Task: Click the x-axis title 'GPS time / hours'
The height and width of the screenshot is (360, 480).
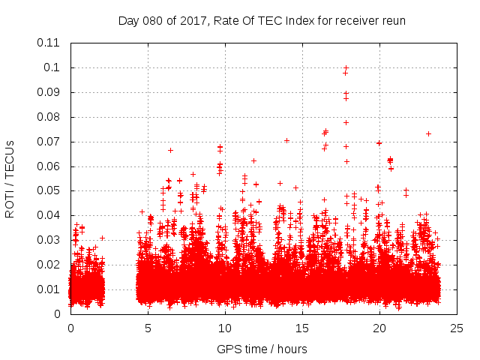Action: [262, 349]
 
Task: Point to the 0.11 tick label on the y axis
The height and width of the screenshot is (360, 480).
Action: [48, 43]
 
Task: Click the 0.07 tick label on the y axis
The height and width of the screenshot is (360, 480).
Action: [48, 141]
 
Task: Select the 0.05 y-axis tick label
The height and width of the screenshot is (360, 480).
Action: [48, 190]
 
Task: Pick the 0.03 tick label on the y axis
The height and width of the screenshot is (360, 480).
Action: [48, 240]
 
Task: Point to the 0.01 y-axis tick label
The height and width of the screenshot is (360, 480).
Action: [48, 289]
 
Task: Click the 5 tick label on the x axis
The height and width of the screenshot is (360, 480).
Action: [148, 328]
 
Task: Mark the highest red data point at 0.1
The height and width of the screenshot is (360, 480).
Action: [346, 67]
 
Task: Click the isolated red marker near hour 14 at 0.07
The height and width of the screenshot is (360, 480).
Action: [286, 140]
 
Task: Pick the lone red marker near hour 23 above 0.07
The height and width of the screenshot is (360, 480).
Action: [428, 133]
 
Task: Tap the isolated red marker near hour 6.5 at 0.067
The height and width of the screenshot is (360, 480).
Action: [170, 150]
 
